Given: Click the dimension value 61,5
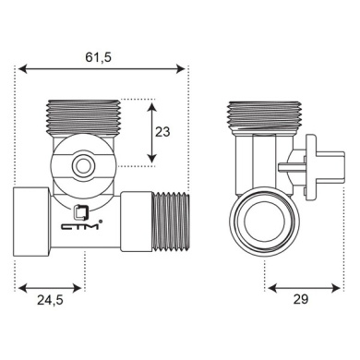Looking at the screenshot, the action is coord(98,57).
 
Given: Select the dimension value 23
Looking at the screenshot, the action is coord(162,132).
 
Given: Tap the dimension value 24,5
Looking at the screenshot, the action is coord(50,300).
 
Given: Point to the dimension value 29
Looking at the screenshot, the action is coord(300,299).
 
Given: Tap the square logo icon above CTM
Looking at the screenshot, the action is coord(81,212).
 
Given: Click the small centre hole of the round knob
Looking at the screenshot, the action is coord(82,167).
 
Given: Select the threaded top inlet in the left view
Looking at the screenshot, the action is coord(83,118).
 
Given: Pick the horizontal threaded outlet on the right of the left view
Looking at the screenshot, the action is coord(170,222).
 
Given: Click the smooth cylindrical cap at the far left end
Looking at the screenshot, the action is coord(31,222).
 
